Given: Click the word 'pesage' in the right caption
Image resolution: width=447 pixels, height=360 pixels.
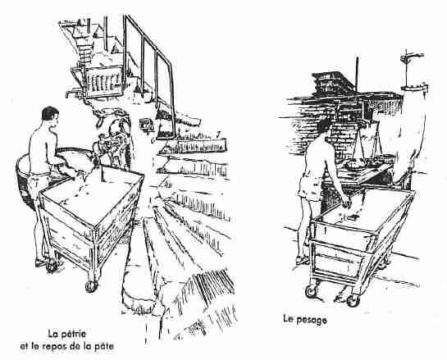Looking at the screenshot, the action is coord(312,320).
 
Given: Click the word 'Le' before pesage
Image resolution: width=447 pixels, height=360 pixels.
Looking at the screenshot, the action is coord(288,318).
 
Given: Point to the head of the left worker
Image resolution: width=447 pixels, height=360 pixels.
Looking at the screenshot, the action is coord(50,116).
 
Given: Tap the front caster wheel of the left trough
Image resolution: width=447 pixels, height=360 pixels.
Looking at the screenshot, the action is coord(92,286).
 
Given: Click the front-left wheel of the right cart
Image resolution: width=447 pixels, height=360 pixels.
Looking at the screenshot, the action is coord(312,291).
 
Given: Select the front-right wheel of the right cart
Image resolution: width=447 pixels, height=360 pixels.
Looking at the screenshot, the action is coord(353,301).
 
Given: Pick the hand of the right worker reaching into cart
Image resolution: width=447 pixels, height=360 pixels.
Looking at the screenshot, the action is coord(347,203).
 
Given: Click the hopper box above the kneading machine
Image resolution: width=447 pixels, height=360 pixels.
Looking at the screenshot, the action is coord(103,81).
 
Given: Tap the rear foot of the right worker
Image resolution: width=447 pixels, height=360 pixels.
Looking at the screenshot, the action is coord(302,260).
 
